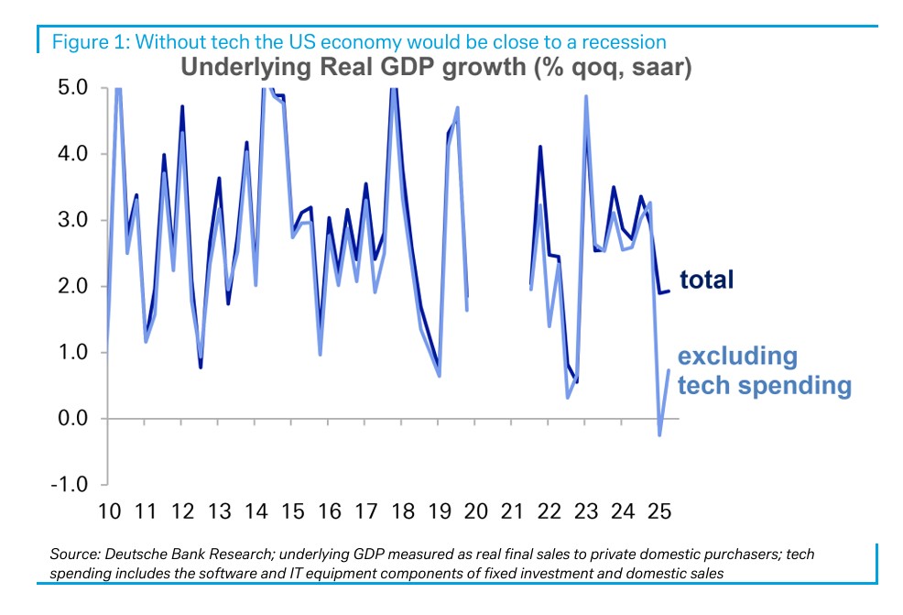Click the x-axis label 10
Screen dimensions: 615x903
[x=109, y=511]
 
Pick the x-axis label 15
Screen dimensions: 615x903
[x=292, y=511]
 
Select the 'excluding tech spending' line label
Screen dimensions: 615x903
[x=764, y=370]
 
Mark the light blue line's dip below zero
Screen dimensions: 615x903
[x=659, y=434]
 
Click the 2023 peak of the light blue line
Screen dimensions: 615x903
[x=585, y=96]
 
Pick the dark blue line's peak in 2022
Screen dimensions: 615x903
[x=540, y=147]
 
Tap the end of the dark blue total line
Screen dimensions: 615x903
[x=670, y=291]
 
